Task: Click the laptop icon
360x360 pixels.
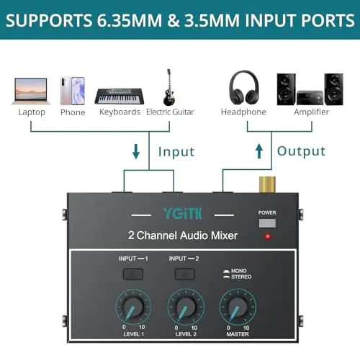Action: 31,91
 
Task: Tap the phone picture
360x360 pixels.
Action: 73,91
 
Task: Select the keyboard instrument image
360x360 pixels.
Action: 120,96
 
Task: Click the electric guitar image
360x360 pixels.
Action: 169,87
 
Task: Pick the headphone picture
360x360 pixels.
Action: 244,88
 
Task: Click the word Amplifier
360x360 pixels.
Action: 311,112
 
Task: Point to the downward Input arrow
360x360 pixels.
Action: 136,151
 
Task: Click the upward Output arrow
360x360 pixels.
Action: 259,151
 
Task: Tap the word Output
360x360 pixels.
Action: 301,151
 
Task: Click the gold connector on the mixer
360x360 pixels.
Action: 267,184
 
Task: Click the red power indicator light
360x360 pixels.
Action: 268,236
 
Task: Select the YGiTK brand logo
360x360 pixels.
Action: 182,214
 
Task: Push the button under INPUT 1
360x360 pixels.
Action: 132,274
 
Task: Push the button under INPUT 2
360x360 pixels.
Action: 184,274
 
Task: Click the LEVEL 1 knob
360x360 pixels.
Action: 133,307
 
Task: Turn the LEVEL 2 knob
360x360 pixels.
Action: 186,307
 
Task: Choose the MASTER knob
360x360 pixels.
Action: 238,307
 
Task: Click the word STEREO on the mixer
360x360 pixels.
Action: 241,277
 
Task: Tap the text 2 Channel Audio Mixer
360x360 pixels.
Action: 183,235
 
